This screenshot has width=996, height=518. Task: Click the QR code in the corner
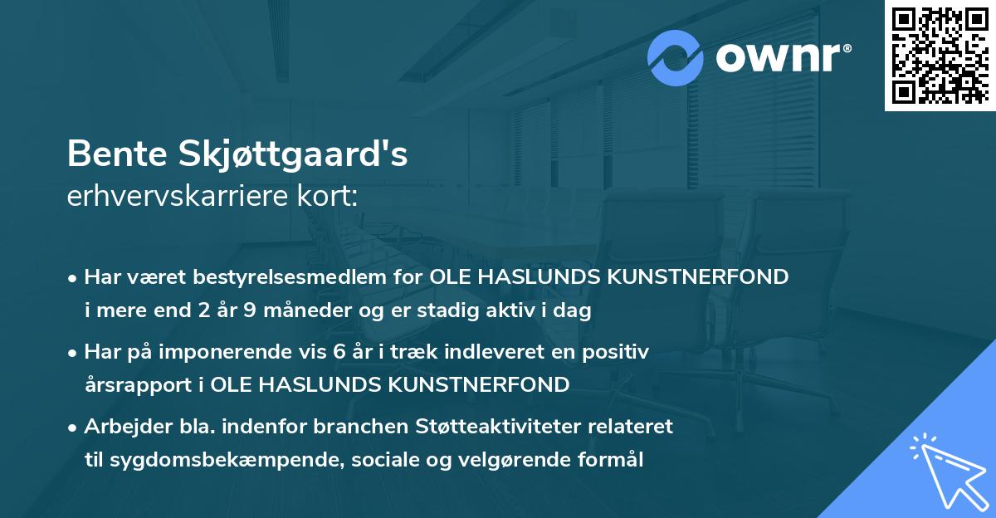939,55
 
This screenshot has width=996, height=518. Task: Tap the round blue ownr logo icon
676,57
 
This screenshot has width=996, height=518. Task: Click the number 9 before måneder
249,311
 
